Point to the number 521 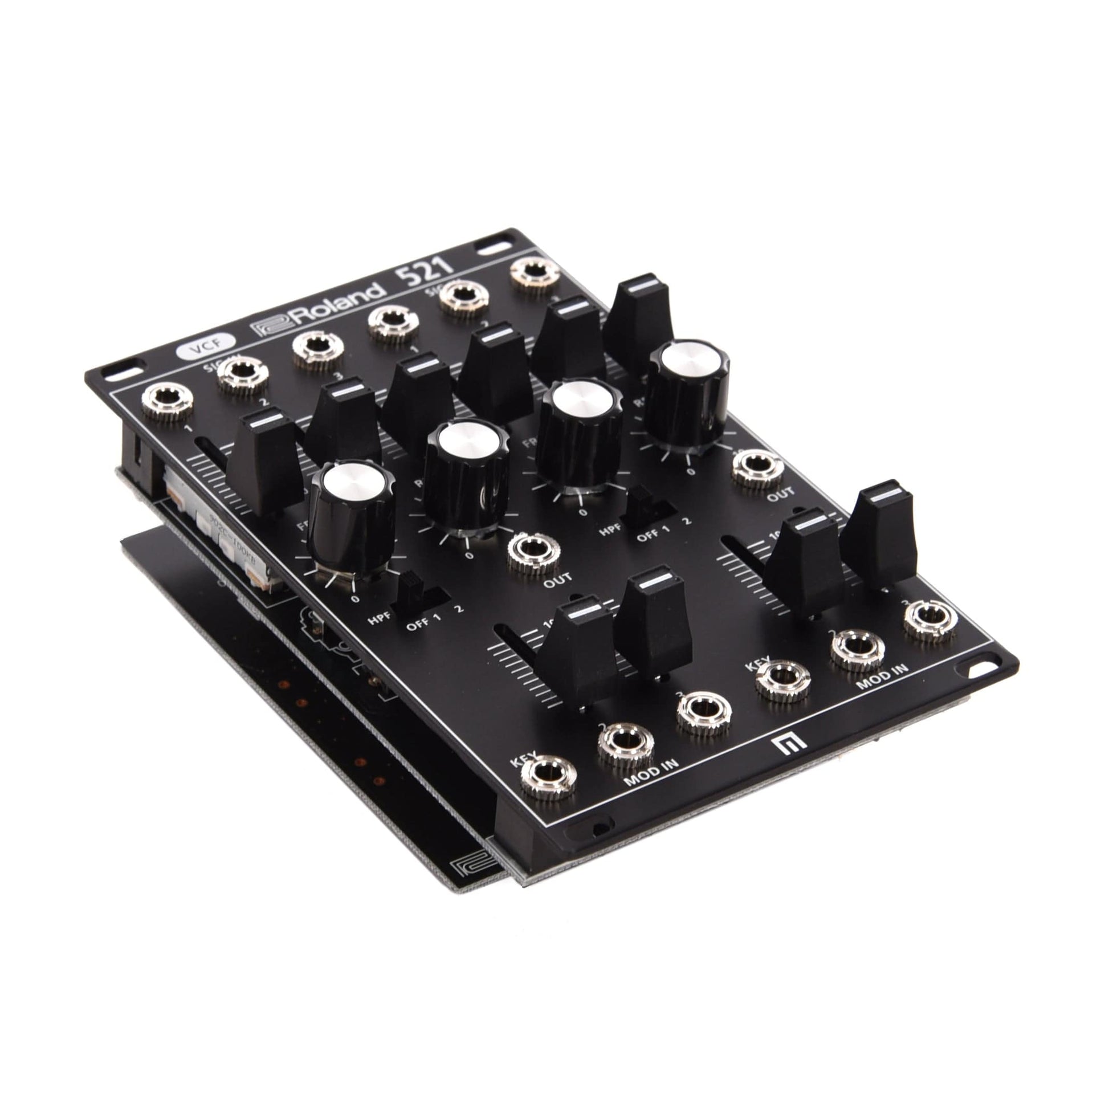point(427,269)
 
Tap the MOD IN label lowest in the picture point(650,771)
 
